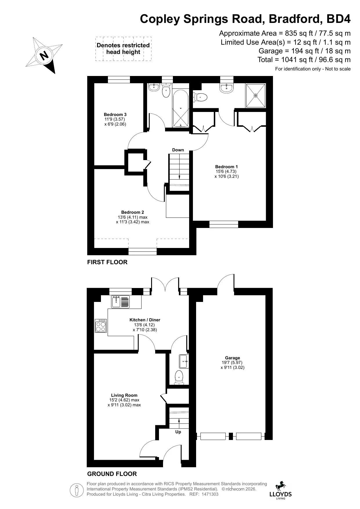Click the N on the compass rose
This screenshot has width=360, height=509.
pos(44,55)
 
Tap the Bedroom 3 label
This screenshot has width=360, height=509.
pos(115,115)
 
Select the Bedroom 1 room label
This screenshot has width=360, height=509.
pos(227,167)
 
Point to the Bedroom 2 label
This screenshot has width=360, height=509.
pos(133,212)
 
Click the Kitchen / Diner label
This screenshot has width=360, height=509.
pos(145,320)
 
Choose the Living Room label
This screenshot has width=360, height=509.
pos(124,395)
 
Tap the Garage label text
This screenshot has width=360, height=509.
pos(232,358)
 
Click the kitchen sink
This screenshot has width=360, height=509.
pos(121,302)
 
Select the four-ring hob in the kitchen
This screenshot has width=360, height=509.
pos(101,326)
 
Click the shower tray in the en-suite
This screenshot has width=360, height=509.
pos(256,95)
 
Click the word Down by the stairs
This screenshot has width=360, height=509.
pos(178,150)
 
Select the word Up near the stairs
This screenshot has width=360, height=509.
pos(178,432)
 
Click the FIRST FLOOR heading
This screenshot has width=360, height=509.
pos(107,262)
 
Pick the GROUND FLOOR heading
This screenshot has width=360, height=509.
pos(112,474)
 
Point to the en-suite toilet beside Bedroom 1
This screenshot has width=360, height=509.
pos(200,97)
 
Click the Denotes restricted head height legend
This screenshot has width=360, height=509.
pos(123,49)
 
